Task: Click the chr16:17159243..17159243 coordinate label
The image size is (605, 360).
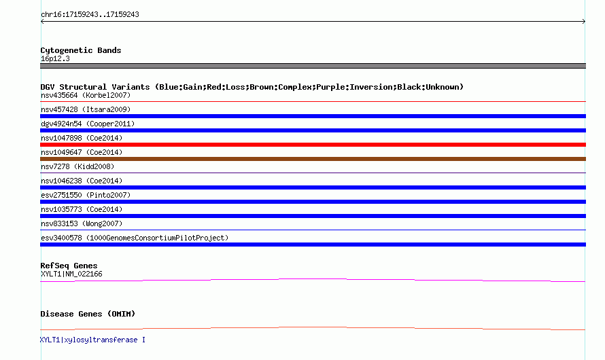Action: point(90,15)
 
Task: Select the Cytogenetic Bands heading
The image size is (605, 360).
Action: point(81,50)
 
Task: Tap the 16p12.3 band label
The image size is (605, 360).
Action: point(55,59)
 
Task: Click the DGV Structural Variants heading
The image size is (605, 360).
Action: point(252,87)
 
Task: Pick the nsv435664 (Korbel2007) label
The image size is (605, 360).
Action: point(86,95)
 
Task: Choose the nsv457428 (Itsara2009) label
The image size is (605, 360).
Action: point(86,109)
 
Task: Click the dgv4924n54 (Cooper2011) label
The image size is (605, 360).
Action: point(88,124)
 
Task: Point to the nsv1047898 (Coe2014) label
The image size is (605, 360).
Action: point(82,138)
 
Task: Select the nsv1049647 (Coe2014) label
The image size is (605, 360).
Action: point(82,152)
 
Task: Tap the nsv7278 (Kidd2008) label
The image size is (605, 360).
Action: point(77,166)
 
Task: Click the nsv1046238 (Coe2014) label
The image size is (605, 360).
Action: point(82,181)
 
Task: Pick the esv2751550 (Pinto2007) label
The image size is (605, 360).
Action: point(86,195)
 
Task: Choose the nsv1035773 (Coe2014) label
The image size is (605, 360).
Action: point(82,209)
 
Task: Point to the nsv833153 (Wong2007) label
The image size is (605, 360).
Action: point(82,223)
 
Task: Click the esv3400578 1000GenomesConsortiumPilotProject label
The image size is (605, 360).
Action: point(135,238)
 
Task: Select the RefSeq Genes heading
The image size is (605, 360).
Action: point(69,266)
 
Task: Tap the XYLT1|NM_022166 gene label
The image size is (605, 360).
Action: point(71,274)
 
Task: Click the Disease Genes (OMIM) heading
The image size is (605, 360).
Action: point(88,314)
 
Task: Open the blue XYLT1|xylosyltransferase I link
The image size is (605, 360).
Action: point(92,340)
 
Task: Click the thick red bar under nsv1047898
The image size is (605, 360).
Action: point(313,145)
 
